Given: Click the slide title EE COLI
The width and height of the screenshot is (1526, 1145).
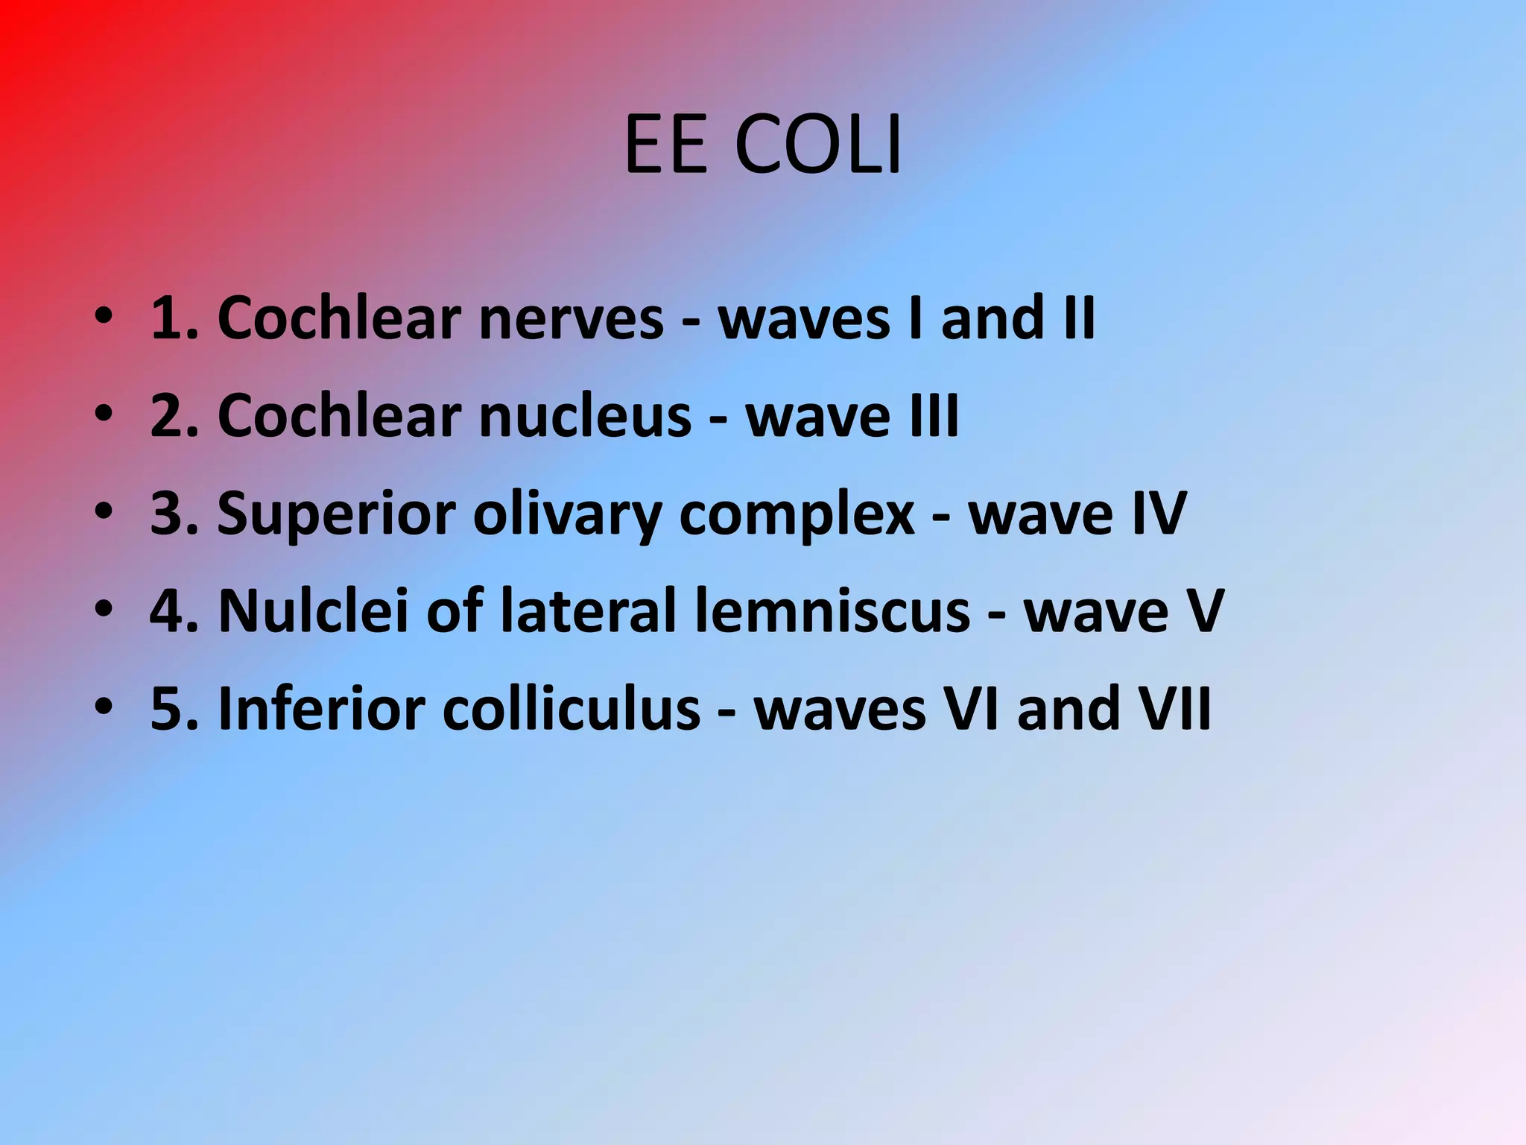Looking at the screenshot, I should tap(762, 145).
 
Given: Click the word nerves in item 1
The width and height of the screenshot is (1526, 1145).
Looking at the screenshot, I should tap(571, 318).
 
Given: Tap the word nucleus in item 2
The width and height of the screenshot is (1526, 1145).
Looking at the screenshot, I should tap(586, 416).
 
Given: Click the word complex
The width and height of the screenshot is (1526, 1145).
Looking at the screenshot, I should tap(797, 515).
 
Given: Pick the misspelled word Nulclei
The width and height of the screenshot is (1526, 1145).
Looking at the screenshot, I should tap(313, 611).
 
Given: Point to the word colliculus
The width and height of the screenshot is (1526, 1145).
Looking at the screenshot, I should tap(572, 709).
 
